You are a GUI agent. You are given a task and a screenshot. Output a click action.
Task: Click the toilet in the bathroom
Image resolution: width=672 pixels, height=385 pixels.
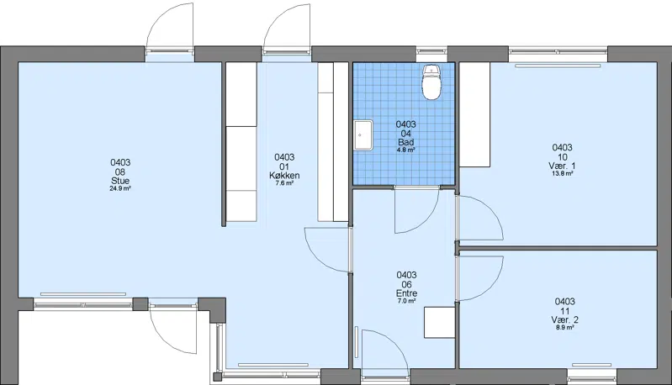[x=431, y=82]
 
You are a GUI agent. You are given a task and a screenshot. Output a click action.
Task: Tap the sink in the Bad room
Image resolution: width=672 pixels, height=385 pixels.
[x=363, y=134]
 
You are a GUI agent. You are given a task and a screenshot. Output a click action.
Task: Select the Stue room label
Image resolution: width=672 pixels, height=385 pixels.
[x=120, y=181]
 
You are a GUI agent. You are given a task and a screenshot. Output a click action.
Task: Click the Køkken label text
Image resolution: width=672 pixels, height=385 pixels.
[x=284, y=176]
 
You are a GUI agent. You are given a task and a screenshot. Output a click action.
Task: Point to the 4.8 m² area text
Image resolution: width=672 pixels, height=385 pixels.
[x=406, y=150]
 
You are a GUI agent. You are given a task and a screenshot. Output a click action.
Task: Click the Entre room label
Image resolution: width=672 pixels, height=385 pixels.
[x=407, y=293]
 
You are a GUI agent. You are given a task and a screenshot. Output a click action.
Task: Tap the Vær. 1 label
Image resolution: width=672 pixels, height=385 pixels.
[x=563, y=166]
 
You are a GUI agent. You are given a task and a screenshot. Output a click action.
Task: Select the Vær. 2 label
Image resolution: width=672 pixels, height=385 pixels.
[x=565, y=320]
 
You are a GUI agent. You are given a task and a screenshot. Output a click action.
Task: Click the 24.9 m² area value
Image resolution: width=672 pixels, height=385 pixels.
[x=120, y=188]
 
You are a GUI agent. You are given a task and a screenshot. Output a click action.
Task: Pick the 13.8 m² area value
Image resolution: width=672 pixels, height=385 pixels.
[x=563, y=173]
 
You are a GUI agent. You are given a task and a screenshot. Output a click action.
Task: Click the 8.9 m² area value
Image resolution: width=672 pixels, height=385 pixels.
[x=565, y=328]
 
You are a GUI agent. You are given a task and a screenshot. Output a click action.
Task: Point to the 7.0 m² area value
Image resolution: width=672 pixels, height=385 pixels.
[x=407, y=301]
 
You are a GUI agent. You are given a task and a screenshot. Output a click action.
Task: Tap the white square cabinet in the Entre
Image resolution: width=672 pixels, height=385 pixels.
[x=440, y=322]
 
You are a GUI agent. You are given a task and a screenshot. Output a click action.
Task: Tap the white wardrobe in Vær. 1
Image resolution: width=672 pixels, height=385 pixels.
[x=474, y=114]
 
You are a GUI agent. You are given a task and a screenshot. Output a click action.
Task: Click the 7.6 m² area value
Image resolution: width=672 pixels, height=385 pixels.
[x=284, y=183]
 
